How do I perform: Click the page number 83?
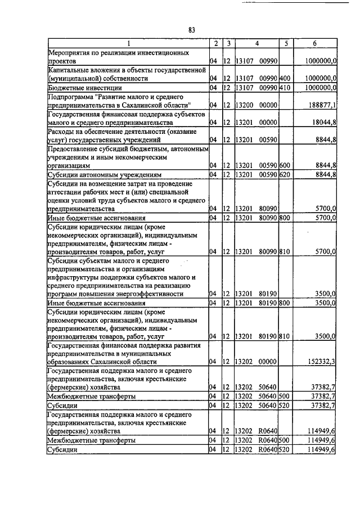pos(191,30)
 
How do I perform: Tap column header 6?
pos(314,43)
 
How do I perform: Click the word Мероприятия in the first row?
pos(70,52)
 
